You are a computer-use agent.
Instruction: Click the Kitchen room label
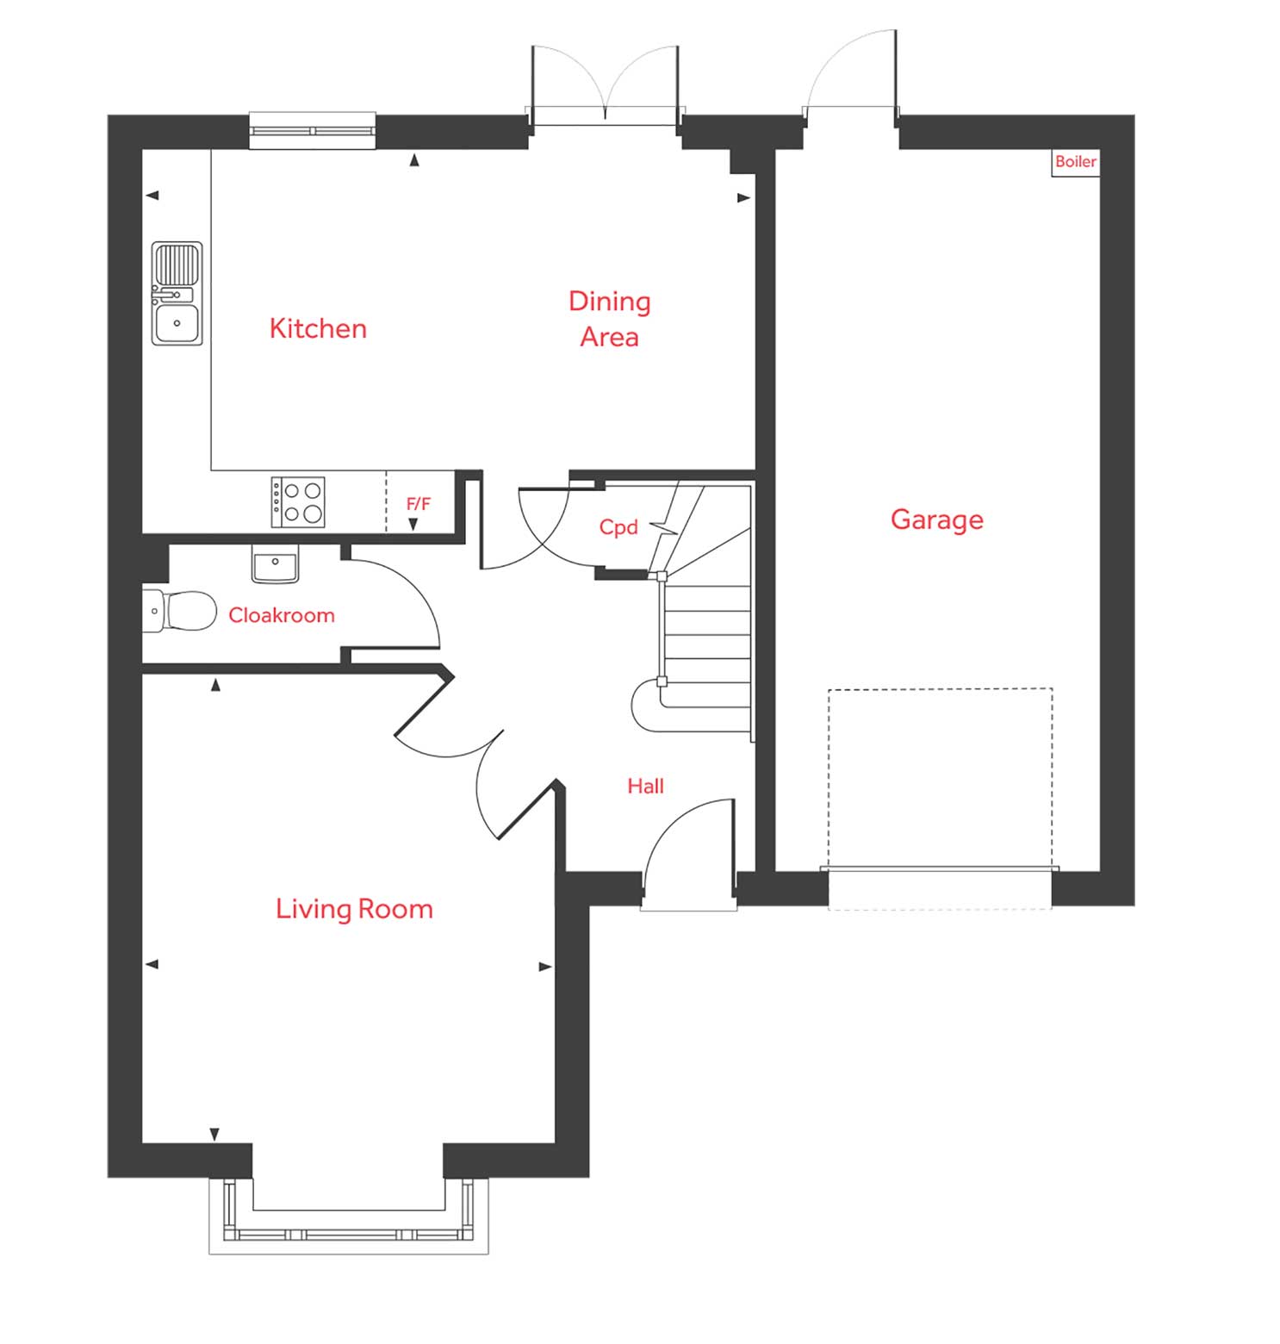(x=318, y=328)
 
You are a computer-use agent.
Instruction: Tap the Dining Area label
(x=609, y=319)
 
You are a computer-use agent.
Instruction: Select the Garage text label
(x=936, y=520)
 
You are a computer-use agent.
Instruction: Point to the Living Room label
(x=354, y=909)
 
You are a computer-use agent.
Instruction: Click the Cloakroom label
(x=281, y=615)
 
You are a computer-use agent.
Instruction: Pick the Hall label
(x=645, y=786)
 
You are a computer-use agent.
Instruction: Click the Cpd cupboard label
(x=618, y=527)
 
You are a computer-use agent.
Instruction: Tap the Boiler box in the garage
(x=1075, y=162)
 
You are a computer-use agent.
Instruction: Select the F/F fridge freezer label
(x=418, y=503)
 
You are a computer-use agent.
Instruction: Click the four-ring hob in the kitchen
(x=298, y=502)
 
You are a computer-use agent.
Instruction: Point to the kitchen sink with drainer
(x=177, y=294)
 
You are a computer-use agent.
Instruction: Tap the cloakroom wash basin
(x=275, y=564)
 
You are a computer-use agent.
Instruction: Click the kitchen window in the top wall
(x=313, y=131)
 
